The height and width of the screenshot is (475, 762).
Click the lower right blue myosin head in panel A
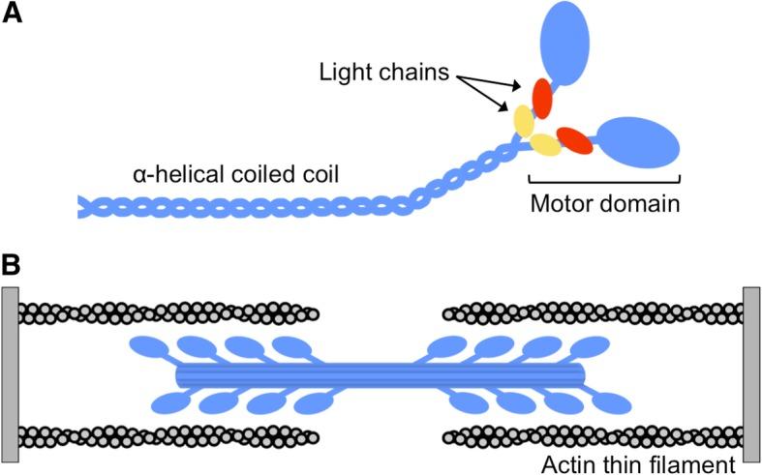pos(638,142)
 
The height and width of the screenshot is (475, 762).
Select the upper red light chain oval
pos(541,99)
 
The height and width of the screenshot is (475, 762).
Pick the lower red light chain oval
pos(574,140)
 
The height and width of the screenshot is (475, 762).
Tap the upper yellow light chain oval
pos(524,121)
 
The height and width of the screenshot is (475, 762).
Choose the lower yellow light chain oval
pos(545,145)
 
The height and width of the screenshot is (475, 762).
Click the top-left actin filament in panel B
pos(169,312)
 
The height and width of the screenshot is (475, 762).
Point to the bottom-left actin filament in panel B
pos(169,436)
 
